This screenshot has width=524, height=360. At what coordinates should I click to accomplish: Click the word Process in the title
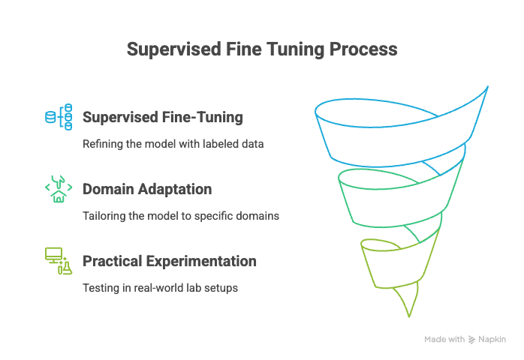tap(363, 49)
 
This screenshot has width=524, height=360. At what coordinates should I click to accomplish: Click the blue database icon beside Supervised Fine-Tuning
tap(59, 117)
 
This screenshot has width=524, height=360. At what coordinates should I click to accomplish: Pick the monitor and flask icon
tap(59, 261)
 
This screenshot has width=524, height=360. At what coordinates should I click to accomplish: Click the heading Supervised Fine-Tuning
tap(163, 117)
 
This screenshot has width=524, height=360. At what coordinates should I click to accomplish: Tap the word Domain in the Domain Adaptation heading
tap(108, 189)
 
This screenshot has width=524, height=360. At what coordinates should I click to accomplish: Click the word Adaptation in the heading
tap(175, 189)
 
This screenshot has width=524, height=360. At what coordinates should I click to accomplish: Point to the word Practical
tap(113, 261)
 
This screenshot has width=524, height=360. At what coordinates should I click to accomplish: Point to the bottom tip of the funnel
tap(409, 316)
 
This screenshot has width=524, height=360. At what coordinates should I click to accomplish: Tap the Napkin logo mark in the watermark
tap(471, 340)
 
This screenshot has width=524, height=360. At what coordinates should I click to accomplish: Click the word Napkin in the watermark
tap(492, 339)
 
